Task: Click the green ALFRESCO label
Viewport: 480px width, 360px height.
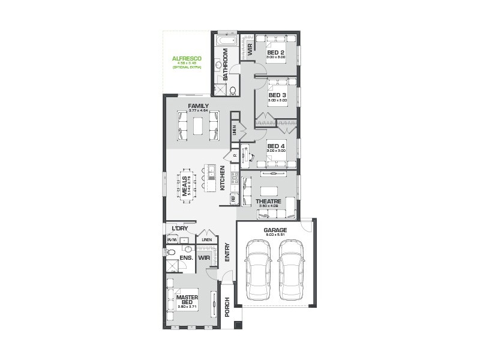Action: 187,59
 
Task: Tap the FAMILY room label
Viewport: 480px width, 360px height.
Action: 198,106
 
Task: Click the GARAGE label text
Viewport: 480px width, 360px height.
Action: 275,230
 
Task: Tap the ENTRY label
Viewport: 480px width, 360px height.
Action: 227,254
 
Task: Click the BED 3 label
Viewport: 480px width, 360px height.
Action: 277,95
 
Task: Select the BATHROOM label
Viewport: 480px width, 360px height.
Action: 226,65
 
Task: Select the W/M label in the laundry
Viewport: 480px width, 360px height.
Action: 171,241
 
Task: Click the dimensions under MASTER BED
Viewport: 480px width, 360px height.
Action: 187,307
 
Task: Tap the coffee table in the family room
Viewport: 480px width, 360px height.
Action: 198,127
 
